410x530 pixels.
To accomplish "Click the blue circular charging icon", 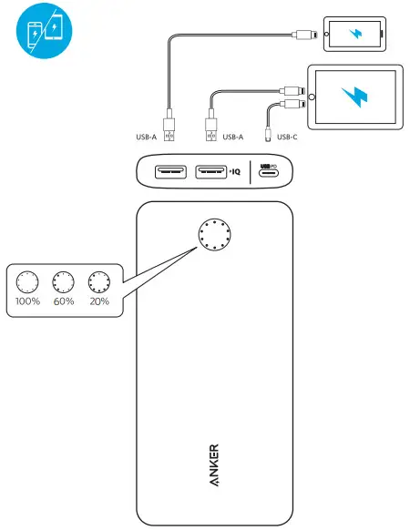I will pyautogui.click(x=44, y=28).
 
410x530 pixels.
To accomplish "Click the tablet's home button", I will pyautogui.click(x=316, y=95).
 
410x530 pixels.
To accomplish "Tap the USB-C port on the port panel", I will pyautogui.click(x=271, y=172).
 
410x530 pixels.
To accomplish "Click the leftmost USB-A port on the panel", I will pyautogui.click(x=170, y=171).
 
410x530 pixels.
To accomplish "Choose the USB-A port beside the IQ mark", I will pyautogui.click(x=210, y=171).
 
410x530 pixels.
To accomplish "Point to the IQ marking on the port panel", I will pyautogui.click(x=235, y=171).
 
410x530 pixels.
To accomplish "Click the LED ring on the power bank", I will pyautogui.click(x=216, y=236).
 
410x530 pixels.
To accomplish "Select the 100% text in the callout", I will pyautogui.click(x=29, y=301).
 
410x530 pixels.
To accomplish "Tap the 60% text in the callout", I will pyautogui.click(x=64, y=301).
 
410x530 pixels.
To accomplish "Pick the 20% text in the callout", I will pyautogui.click(x=98, y=301).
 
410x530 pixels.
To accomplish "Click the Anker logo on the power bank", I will pyautogui.click(x=213, y=465).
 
